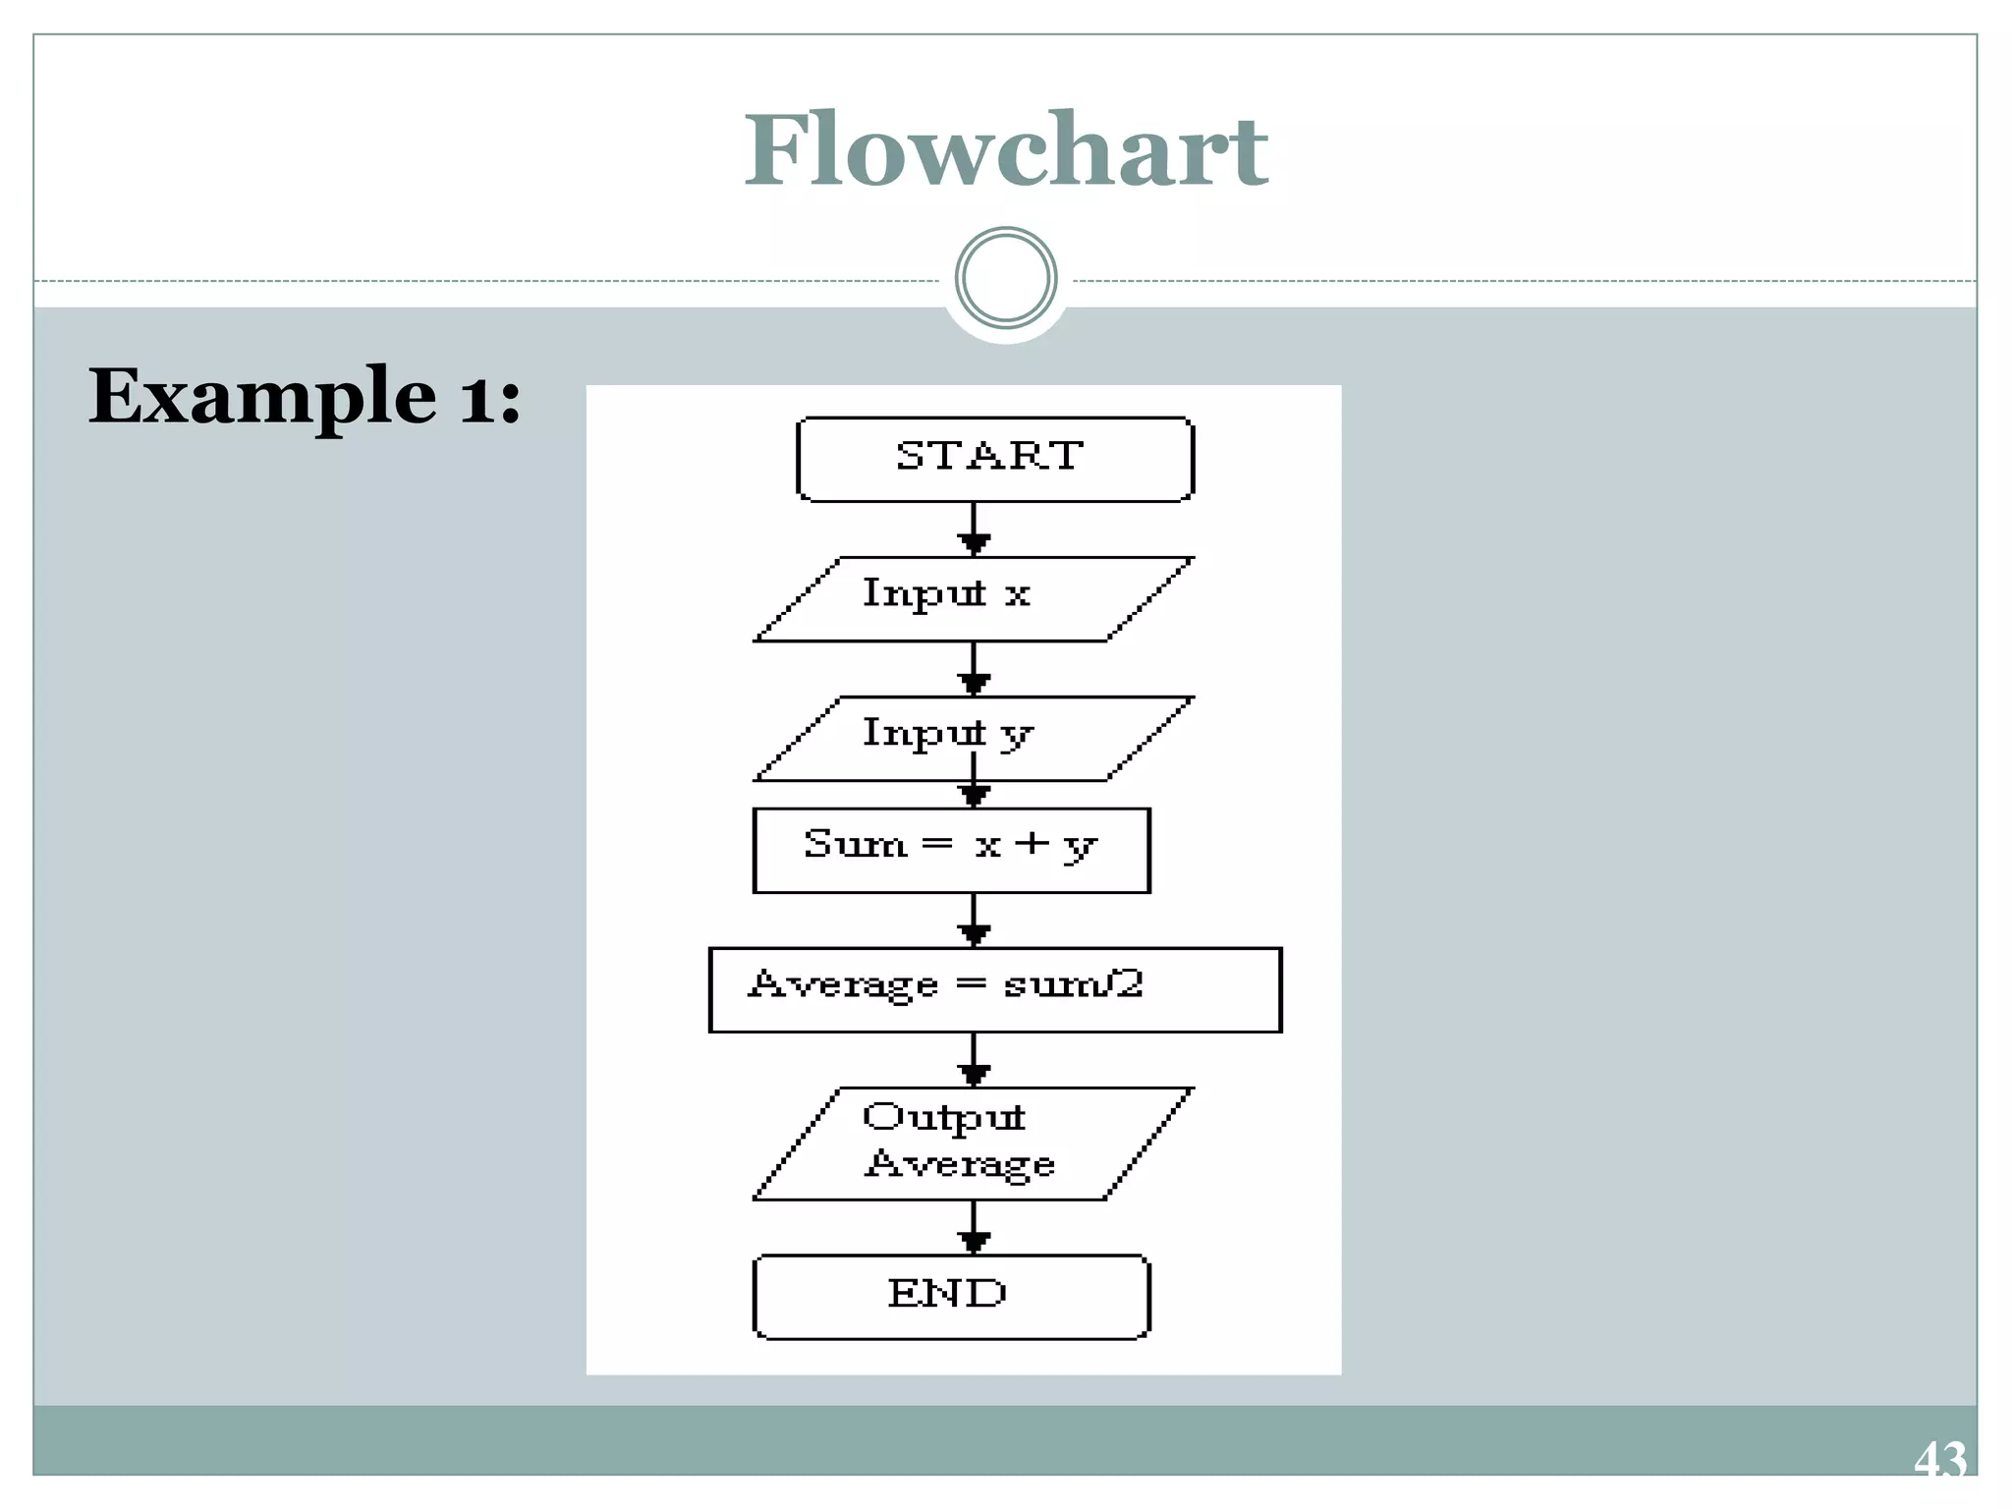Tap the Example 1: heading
pos(305,396)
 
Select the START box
pos(994,458)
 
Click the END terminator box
pos(950,1296)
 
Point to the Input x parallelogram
pos(973,598)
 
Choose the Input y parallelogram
pos(973,738)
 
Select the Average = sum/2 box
pos(994,988)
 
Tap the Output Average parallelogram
pos(973,1143)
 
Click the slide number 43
pos(1939,1460)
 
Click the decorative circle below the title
pos(1005,278)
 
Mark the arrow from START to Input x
pos(974,530)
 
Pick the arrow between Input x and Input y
pos(974,669)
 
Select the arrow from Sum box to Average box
pos(974,920)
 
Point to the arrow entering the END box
pos(974,1227)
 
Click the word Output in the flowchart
pos(943,1118)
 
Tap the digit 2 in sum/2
pos(1130,983)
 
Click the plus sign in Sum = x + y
pos(1032,843)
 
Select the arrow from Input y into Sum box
pos(974,792)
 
